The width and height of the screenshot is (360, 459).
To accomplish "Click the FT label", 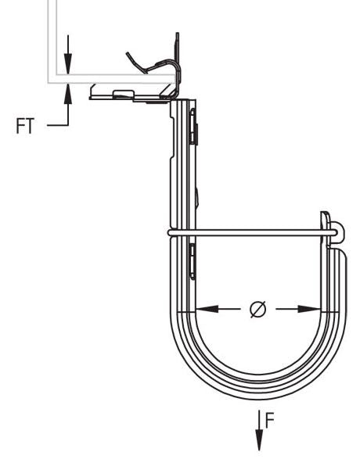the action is pyautogui.click(x=25, y=126).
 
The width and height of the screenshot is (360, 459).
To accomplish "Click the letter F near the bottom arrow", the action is pyautogui.click(x=269, y=420).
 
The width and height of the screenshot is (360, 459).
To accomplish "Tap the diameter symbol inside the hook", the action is pyautogui.click(x=258, y=309).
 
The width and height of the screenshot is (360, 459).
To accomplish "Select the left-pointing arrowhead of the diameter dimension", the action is pyautogui.click(x=207, y=309).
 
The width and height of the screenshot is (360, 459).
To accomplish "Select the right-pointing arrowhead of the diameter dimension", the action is pyautogui.click(x=310, y=309).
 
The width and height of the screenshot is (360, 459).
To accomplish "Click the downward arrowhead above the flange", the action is pyautogui.click(x=68, y=63).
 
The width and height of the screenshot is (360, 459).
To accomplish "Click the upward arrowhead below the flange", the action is pyautogui.click(x=68, y=94).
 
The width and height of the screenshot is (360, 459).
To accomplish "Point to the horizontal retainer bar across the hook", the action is pyautogui.click(x=252, y=233).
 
